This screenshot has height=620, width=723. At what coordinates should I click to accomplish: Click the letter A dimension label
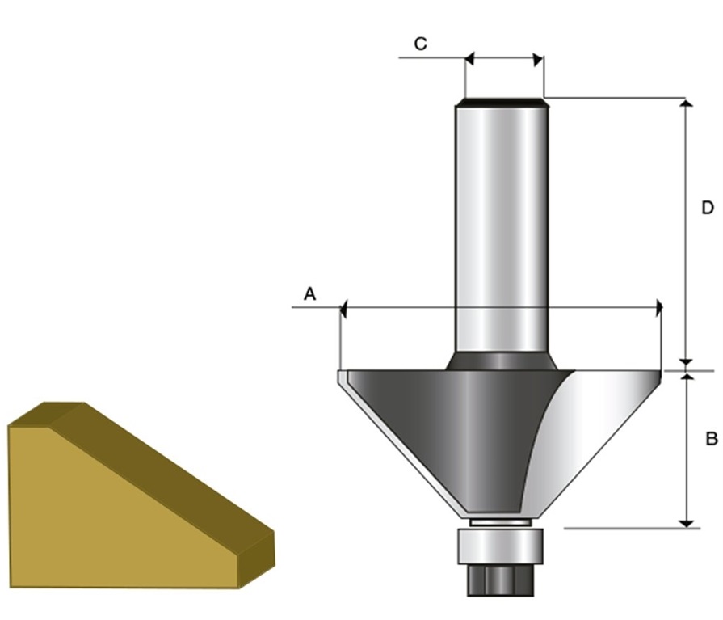point(310,294)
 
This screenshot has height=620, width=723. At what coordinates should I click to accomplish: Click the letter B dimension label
point(712,439)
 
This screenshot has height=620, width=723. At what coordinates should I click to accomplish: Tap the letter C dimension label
point(421,44)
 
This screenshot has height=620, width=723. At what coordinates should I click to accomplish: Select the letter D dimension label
point(708,208)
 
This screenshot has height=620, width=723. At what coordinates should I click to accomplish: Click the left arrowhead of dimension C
point(470,59)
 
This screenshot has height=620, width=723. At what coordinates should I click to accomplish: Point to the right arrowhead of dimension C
point(538,60)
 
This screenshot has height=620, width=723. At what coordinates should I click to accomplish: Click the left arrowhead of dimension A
point(343,309)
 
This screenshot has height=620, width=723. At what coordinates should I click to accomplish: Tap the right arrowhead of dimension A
point(659,308)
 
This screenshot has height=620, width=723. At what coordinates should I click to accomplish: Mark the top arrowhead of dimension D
point(687,103)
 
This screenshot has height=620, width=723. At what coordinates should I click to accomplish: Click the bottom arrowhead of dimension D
point(687,363)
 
